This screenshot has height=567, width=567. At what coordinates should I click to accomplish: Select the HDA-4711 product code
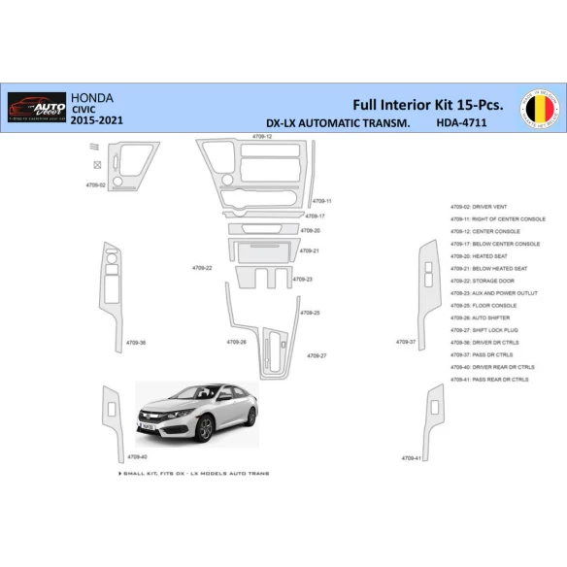point(461,124)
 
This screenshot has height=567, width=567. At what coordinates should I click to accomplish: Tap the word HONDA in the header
point(93,98)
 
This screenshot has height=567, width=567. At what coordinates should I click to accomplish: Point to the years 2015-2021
point(98,125)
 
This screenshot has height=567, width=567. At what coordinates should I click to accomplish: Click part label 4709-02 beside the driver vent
point(95,184)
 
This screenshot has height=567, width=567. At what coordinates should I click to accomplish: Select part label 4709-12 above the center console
point(262,137)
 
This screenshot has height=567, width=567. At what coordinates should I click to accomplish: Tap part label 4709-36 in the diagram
point(136,342)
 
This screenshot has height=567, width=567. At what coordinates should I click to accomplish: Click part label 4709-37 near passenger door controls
point(406,342)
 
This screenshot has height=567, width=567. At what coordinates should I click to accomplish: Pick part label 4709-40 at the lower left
point(137,456)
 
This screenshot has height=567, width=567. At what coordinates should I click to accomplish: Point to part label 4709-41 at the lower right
point(412,457)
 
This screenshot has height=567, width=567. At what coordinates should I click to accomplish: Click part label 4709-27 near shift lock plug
point(317,355)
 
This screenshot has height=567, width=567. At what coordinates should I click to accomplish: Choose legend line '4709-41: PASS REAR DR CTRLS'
point(489,380)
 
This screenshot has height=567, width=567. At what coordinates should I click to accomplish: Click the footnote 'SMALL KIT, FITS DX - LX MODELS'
point(194,473)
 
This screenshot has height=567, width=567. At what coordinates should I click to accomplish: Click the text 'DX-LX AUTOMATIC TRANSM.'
point(337,124)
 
